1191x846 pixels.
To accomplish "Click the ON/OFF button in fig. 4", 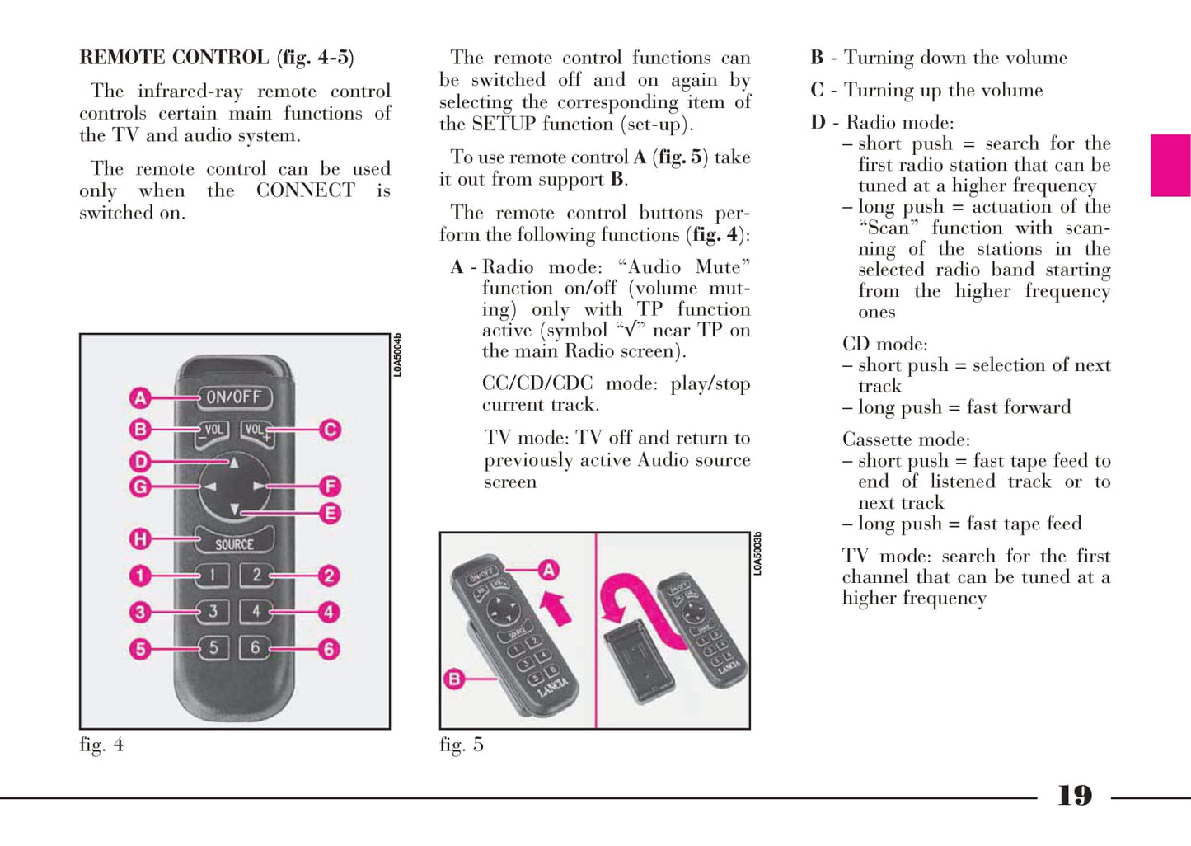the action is pyautogui.click(x=234, y=397).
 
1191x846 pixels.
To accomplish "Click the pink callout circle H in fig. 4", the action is pyautogui.click(x=140, y=539).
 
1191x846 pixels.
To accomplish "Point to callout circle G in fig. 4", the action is pyautogui.click(x=140, y=486).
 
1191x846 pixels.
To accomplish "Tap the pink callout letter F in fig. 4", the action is pyautogui.click(x=331, y=486).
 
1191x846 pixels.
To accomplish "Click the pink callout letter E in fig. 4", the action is pyautogui.click(x=331, y=514).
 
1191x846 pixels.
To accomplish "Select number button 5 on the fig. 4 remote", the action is pyautogui.click(x=213, y=647).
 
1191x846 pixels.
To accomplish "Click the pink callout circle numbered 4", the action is pyautogui.click(x=329, y=613).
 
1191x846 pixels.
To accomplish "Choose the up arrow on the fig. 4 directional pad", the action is pyautogui.click(x=234, y=463).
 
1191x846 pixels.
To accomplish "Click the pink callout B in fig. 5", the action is pyautogui.click(x=455, y=679).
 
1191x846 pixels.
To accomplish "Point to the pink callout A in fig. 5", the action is pyautogui.click(x=549, y=571).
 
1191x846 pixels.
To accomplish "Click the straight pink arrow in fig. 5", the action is pyautogui.click(x=556, y=609).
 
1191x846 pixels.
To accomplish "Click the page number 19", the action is pyautogui.click(x=1075, y=796).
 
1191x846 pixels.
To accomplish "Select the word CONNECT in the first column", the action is pyautogui.click(x=306, y=190).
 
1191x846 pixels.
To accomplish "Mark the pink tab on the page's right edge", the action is pyautogui.click(x=1170, y=166).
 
